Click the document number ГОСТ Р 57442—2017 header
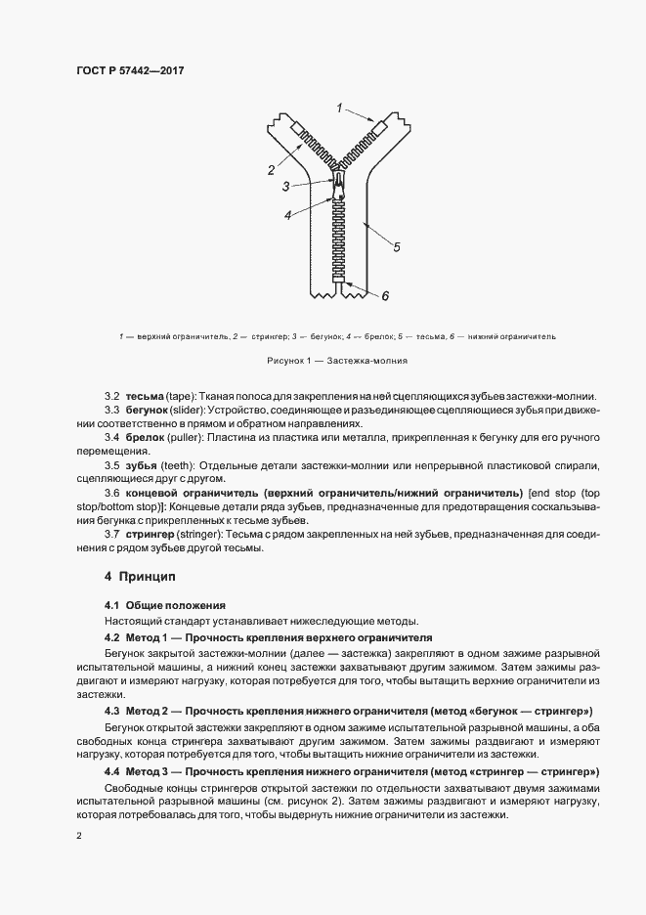pyautogui.click(x=131, y=71)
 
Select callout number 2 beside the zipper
pyautogui.click(x=271, y=170)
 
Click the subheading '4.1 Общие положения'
pyautogui.click(x=164, y=606)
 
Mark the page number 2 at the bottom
pyautogui.click(x=79, y=836)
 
